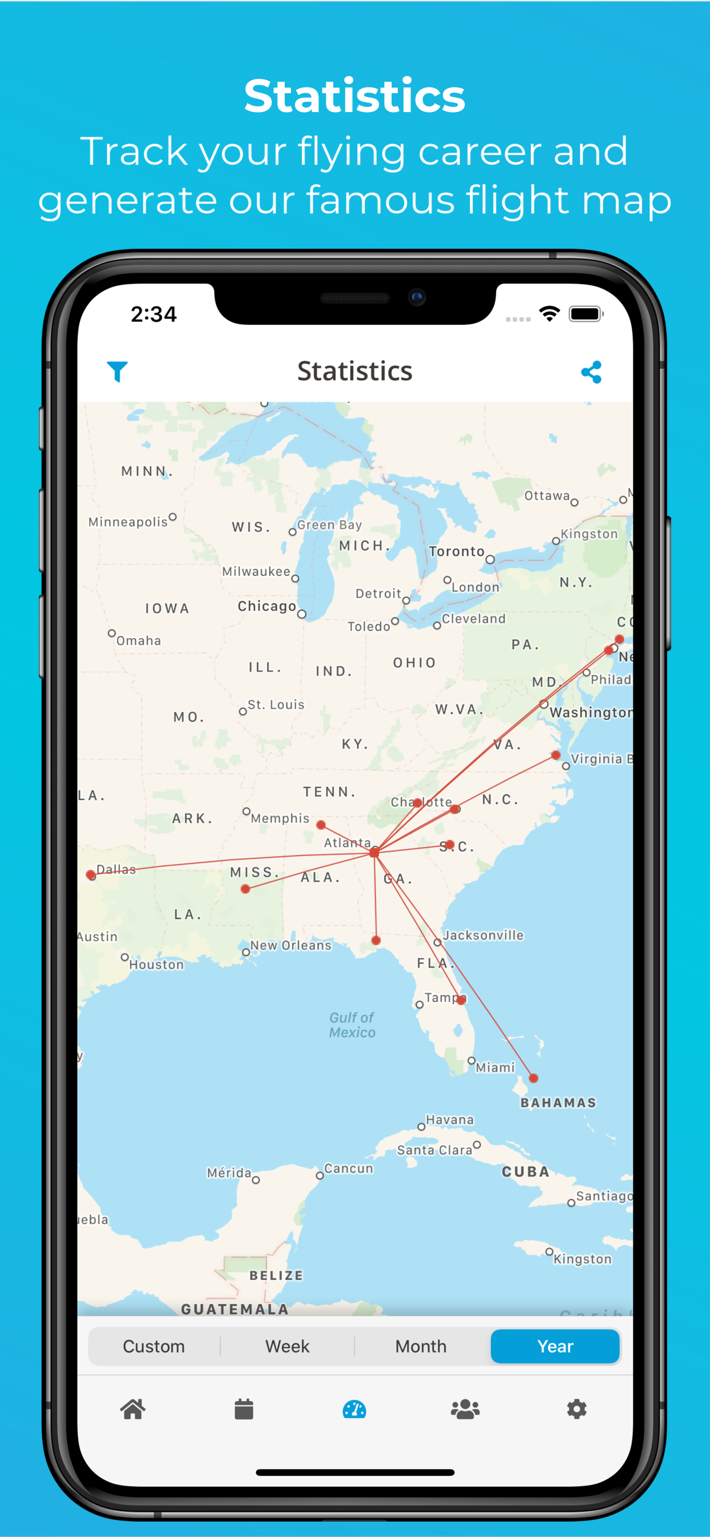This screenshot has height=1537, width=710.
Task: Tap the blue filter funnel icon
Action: point(117,371)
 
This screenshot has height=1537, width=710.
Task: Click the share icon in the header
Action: point(591,372)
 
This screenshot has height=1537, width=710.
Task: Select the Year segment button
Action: point(555,1346)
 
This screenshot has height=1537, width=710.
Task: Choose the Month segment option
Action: point(421,1346)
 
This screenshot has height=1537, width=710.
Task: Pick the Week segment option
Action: point(287,1346)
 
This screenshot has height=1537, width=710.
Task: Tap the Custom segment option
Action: point(154,1346)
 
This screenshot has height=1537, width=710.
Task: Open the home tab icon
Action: point(133,1409)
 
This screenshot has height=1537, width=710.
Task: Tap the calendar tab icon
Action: point(244,1409)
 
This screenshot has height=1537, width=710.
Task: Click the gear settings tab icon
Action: point(576,1409)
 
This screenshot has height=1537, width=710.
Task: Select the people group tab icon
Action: point(465,1409)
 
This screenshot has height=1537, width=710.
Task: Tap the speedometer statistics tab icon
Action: point(354,1409)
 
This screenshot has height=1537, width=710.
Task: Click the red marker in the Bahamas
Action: point(533,1078)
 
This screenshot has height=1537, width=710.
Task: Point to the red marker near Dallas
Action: point(91,875)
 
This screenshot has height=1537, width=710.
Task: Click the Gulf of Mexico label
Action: point(352,1025)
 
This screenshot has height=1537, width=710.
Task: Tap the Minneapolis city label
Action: point(128,522)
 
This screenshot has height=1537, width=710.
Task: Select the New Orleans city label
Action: point(290,945)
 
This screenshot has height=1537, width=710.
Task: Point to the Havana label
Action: point(450,1120)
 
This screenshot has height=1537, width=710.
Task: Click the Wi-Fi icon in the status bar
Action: point(549,313)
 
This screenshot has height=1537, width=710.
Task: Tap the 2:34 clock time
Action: point(154,314)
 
